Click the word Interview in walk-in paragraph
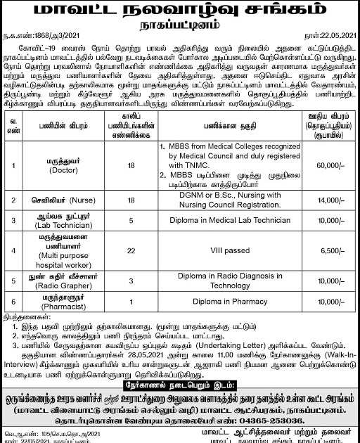coord(22,366)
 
